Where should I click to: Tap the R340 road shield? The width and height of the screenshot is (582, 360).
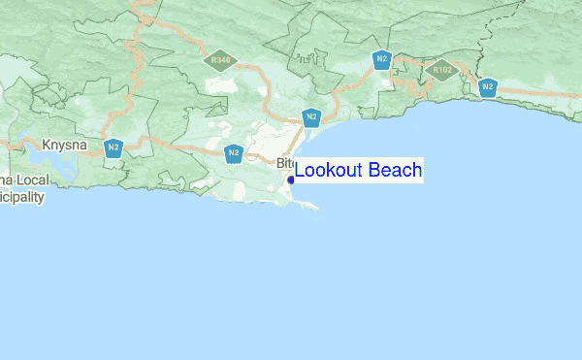[220, 60]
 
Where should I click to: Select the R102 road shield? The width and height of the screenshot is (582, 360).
[442, 70]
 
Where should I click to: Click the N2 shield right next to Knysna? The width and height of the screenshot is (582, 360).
[113, 148]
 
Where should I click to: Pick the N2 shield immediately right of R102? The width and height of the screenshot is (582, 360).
[488, 87]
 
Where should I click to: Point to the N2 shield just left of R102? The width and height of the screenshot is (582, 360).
[382, 60]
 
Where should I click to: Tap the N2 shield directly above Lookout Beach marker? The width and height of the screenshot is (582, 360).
[310, 118]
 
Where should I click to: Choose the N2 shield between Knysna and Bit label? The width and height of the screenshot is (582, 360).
[234, 153]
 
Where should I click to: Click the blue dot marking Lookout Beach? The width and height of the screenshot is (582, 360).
[291, 180]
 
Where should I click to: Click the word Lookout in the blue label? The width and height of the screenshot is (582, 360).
[330, 171]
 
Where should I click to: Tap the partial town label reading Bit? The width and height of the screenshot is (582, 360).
[284, 163]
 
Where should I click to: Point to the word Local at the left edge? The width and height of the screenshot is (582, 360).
[28, 180]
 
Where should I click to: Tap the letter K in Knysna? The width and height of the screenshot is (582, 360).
[46, 147]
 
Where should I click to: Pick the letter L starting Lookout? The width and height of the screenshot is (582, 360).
[300, 171]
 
